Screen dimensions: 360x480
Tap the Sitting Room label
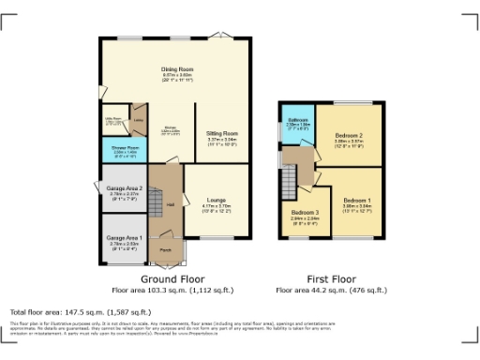click(222, 134)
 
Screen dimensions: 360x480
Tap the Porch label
click(165, 250)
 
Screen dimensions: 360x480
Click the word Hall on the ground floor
click(172, 205)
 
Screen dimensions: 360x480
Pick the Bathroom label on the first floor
click(298, 121)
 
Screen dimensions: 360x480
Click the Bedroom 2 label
click(349, 136)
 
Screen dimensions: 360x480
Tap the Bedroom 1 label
click(356, 201)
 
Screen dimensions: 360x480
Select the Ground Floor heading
click(174, 279)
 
